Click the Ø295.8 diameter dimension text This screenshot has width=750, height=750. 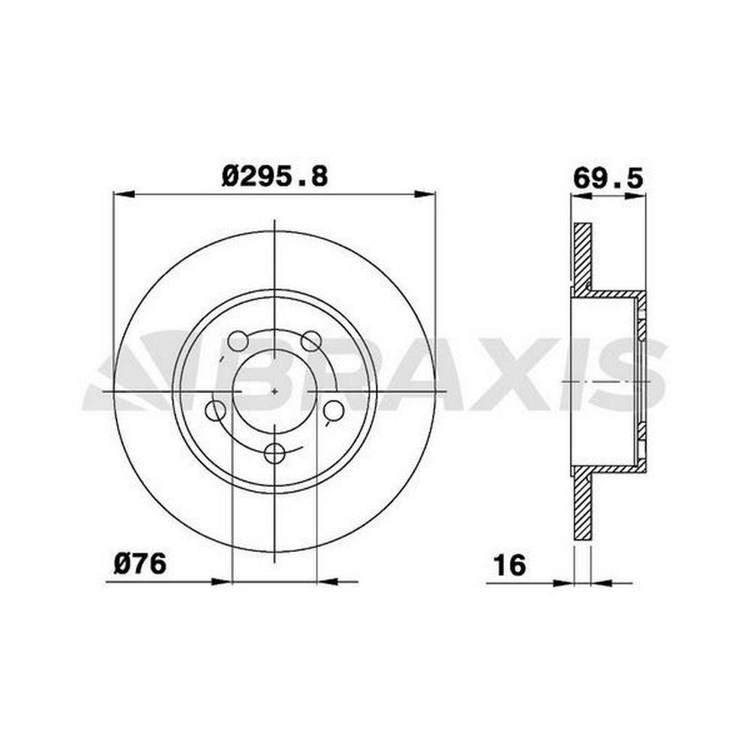275,176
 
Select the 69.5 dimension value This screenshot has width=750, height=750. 608,179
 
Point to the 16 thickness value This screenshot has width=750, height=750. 510,565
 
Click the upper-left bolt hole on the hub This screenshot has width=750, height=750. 238,341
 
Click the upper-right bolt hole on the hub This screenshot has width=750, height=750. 311,341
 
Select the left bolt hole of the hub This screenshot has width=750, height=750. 215,410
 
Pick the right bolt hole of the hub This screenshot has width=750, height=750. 334,410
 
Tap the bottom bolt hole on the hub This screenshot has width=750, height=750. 274,453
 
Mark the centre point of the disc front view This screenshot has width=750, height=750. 274,391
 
